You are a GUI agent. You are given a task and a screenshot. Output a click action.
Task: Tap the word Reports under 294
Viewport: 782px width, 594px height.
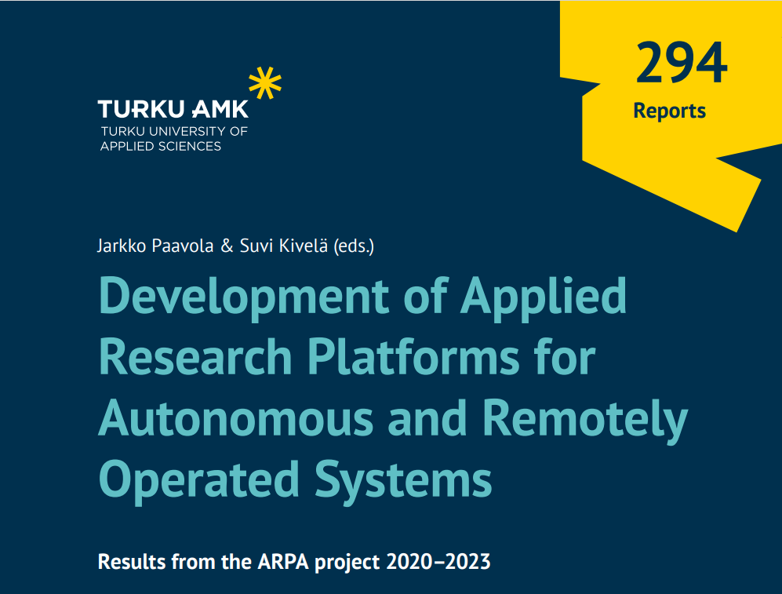click(x=669, y=111)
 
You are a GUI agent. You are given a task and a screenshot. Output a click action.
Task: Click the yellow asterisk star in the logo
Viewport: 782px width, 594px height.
click(x=265, y=83)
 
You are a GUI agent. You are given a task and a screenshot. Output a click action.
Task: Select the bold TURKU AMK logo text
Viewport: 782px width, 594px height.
click(x=173, y=109)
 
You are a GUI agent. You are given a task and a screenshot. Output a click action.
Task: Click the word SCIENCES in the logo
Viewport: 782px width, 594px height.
click(x=190, y=146)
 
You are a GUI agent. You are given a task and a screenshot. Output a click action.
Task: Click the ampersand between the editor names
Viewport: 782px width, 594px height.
click(x=227, y=246)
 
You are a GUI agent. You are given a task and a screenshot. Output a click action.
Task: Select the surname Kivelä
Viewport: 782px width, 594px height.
click(x=304, y=246)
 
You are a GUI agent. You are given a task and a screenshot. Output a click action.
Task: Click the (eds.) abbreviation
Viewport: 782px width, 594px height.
click(x=354, y=246)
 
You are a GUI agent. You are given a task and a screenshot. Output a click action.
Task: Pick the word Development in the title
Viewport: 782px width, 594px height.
click(x=244, y=297)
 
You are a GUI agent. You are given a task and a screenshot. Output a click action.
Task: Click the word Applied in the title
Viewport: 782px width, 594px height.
click(x=543, y=297)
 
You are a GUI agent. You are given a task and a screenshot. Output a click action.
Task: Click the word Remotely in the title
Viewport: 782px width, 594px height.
click(x=585, y=420)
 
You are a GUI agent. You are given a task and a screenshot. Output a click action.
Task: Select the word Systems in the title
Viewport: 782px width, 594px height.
click(x=403, y=480)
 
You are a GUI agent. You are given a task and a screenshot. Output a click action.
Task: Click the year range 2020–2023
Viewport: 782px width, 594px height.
click(x=438, y=562)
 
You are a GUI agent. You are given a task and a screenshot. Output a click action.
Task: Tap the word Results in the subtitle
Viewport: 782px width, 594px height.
click(x=132, y=562)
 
